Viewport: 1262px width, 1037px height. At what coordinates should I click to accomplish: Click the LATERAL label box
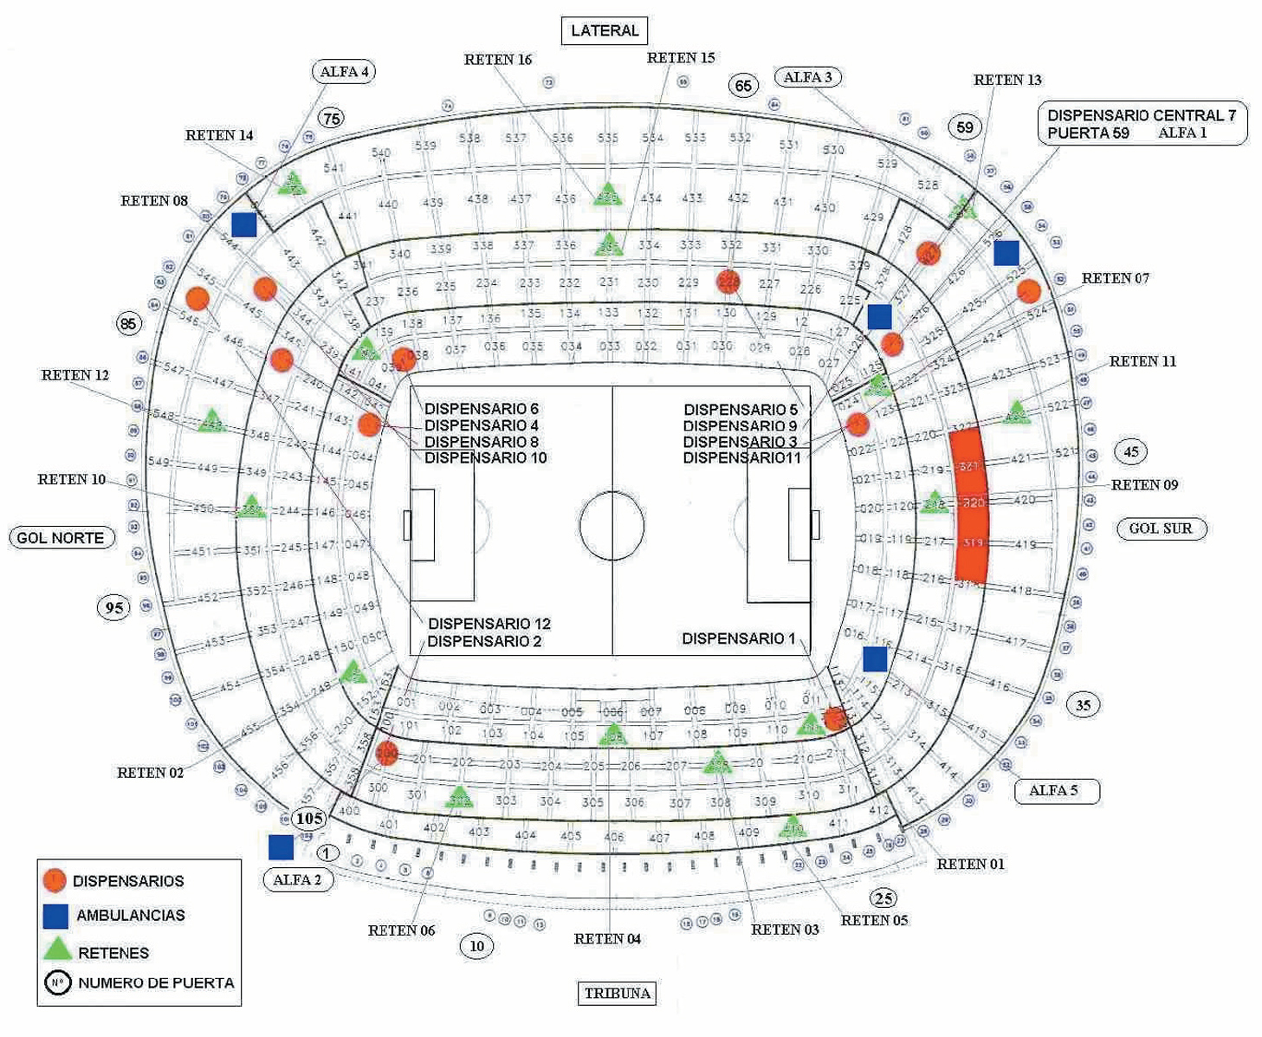pyautogui.click(x=605, y=30)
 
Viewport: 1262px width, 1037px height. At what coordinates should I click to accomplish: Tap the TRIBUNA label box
pyautogui.click(x=617, y=993)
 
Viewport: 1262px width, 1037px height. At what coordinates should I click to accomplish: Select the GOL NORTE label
pyautogui.click(x=61, y=538)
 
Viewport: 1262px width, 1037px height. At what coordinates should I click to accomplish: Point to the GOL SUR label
pyautogui.click(x=1161, y=528)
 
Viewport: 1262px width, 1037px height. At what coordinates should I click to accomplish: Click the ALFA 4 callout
pyautogui.click(x=344, y=72)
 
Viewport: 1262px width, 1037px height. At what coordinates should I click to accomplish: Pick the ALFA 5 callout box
pyautogui.click(x=1056, y=790)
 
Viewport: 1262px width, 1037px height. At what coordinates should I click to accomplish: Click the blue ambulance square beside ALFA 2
pyautogui.click(x=281, y=846)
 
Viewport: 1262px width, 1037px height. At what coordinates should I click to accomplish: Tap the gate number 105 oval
pyautogui.click(x=309, y=818)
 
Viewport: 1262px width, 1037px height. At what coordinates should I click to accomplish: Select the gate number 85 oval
pyautogui.click(x=129, y=324)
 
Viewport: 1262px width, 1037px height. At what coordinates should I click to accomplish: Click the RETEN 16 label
pyautogui.click(x=498, y=60)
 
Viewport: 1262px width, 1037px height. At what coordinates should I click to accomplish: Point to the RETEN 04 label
pyautogui.click(x=607, y=939)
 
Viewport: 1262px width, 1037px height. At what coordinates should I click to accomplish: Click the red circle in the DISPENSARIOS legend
pyautogui.click(x=54, y=880)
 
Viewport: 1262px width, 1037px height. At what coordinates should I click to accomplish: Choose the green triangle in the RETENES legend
pyautogui.click(x=57, y=949)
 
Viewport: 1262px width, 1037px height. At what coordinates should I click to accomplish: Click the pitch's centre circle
pyautogui.click(x=612, y=526)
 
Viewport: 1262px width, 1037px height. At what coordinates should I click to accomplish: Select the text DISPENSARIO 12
pyautogui.click(x=489, y=624)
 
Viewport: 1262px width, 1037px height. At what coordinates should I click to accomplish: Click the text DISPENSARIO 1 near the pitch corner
pyautogui.click(x=738, y=638)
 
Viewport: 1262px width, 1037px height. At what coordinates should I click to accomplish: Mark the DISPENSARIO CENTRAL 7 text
pyautogui.click(x=1141, y=115)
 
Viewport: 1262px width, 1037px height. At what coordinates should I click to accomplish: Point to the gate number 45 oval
pyautogui.click(x=1131, y=451)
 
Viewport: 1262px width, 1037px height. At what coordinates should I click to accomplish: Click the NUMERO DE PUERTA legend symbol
pyautogui.click(x=57, y=983)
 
